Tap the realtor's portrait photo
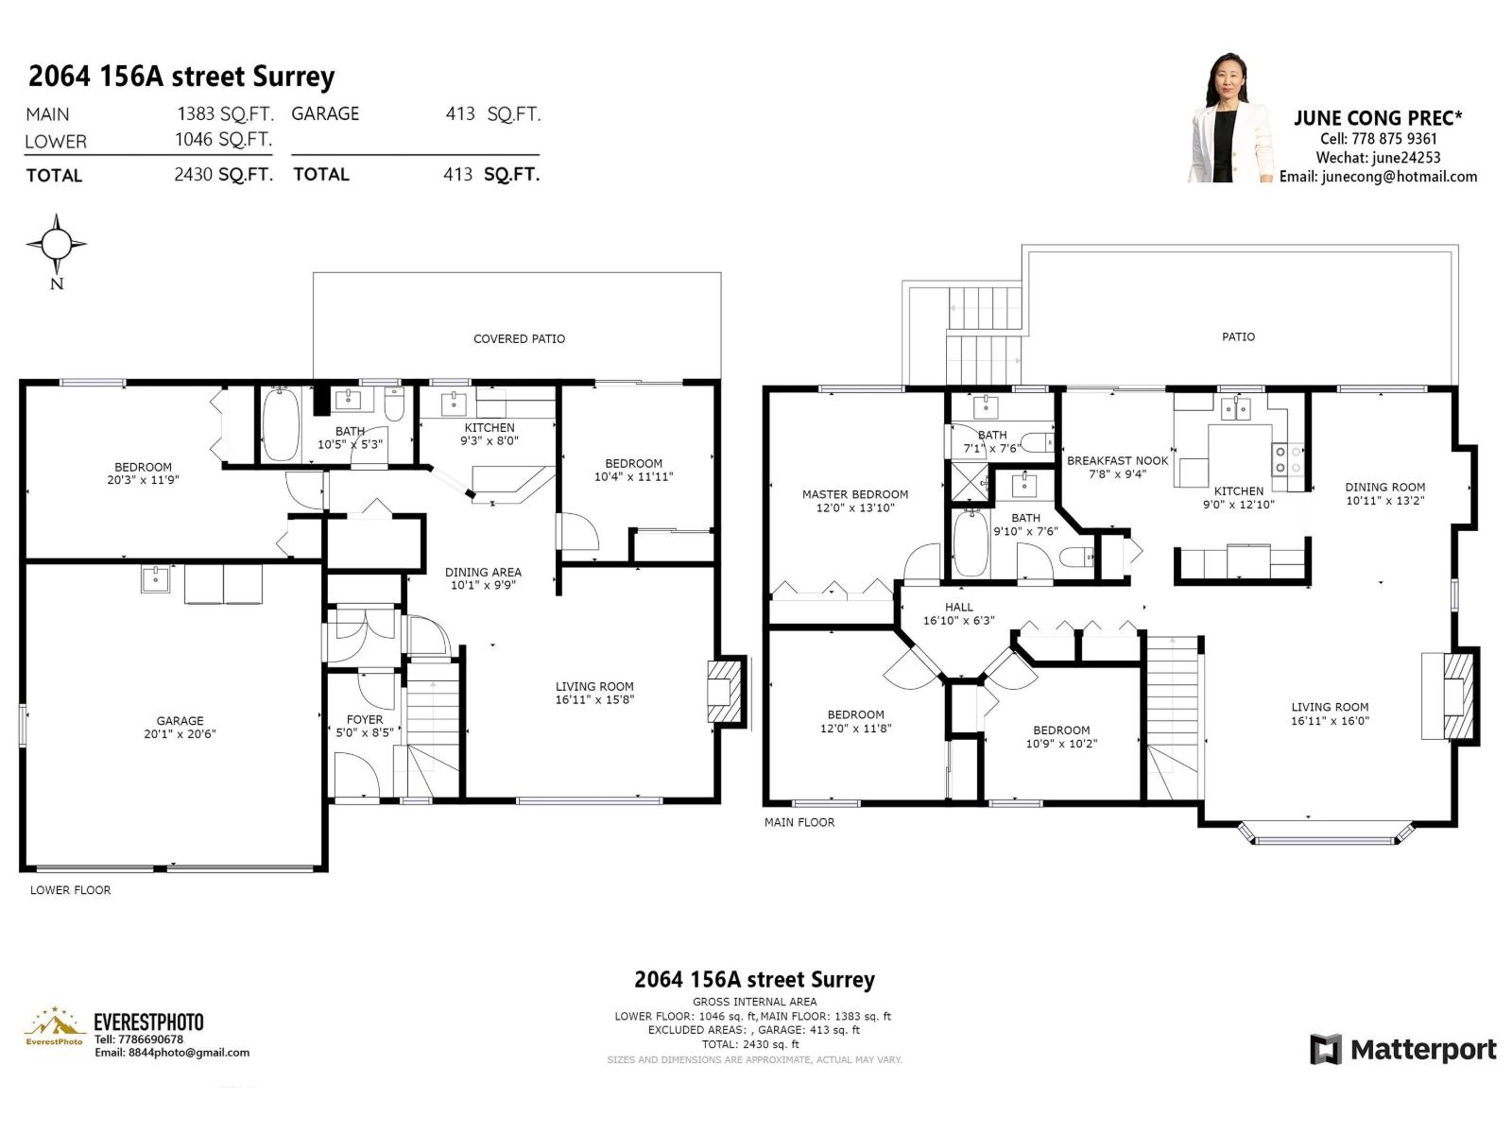[1231, 119]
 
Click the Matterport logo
[1403, 1049]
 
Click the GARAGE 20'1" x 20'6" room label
[180, 727]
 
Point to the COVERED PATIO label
[519, 338]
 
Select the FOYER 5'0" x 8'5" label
[364, 726]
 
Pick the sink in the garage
[155, 578]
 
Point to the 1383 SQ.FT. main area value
[225, 114]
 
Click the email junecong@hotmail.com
[1378, 177]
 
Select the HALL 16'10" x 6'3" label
[958, 613]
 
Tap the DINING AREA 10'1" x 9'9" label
[482, 578]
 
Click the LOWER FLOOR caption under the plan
[70, 890]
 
